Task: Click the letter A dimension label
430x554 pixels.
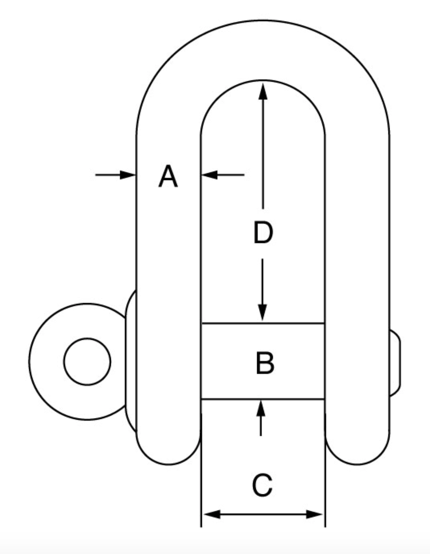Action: coord(168,176)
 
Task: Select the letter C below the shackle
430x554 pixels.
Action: coord(262,485)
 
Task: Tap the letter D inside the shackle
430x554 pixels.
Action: coord(263,233)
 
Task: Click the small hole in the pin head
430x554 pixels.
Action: coord(87,361)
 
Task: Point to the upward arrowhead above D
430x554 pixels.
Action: coord(263,90)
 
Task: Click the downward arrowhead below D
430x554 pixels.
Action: coord(263,312)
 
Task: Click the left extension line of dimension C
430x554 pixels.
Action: coord(201,471)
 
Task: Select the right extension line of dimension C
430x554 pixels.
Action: coord(325,471)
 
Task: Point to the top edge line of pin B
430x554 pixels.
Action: coord(263,323)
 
